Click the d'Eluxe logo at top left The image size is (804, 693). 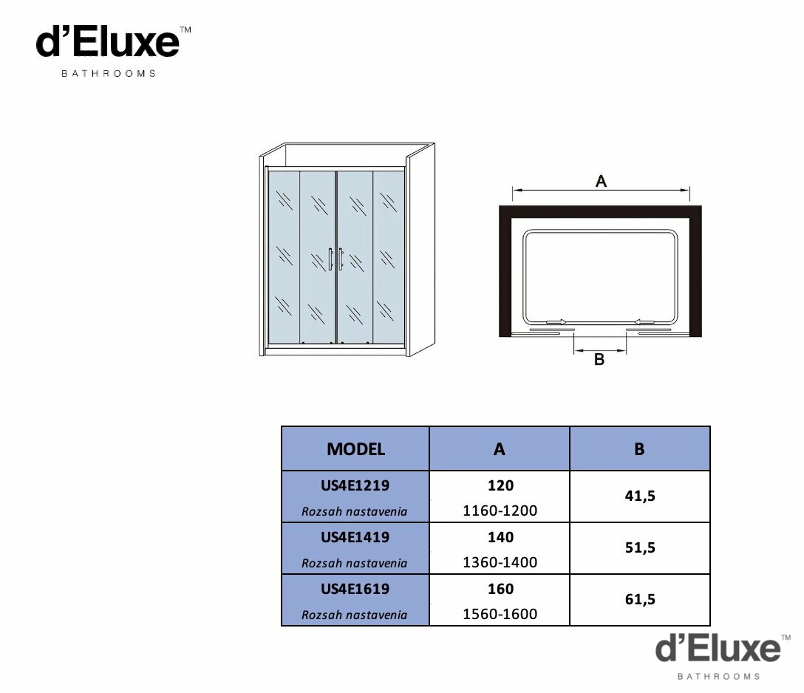[113, 51]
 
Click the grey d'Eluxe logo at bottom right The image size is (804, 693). [723, 657]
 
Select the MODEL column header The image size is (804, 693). [356, 449]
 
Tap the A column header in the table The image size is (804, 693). [500, 449]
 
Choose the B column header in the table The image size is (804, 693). [639, 449]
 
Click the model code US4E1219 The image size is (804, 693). [355, 485]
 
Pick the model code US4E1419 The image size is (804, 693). [355, 537]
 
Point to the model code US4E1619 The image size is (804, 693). [355, 589]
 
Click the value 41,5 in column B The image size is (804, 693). [640, 496]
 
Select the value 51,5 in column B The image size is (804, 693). [640, 548]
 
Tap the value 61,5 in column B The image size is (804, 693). [640, 600]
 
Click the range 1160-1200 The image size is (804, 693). [500, 511]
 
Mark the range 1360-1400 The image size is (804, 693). [500, 562]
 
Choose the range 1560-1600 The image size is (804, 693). [500, 614]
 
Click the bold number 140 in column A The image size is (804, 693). [500, 537]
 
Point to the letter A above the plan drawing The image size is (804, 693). [601, 181]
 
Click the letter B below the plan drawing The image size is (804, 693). [599, 359]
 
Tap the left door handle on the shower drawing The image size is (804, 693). [331, 259]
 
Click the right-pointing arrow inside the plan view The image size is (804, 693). [556, 322]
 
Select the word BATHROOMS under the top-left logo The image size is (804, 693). [109, 74]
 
